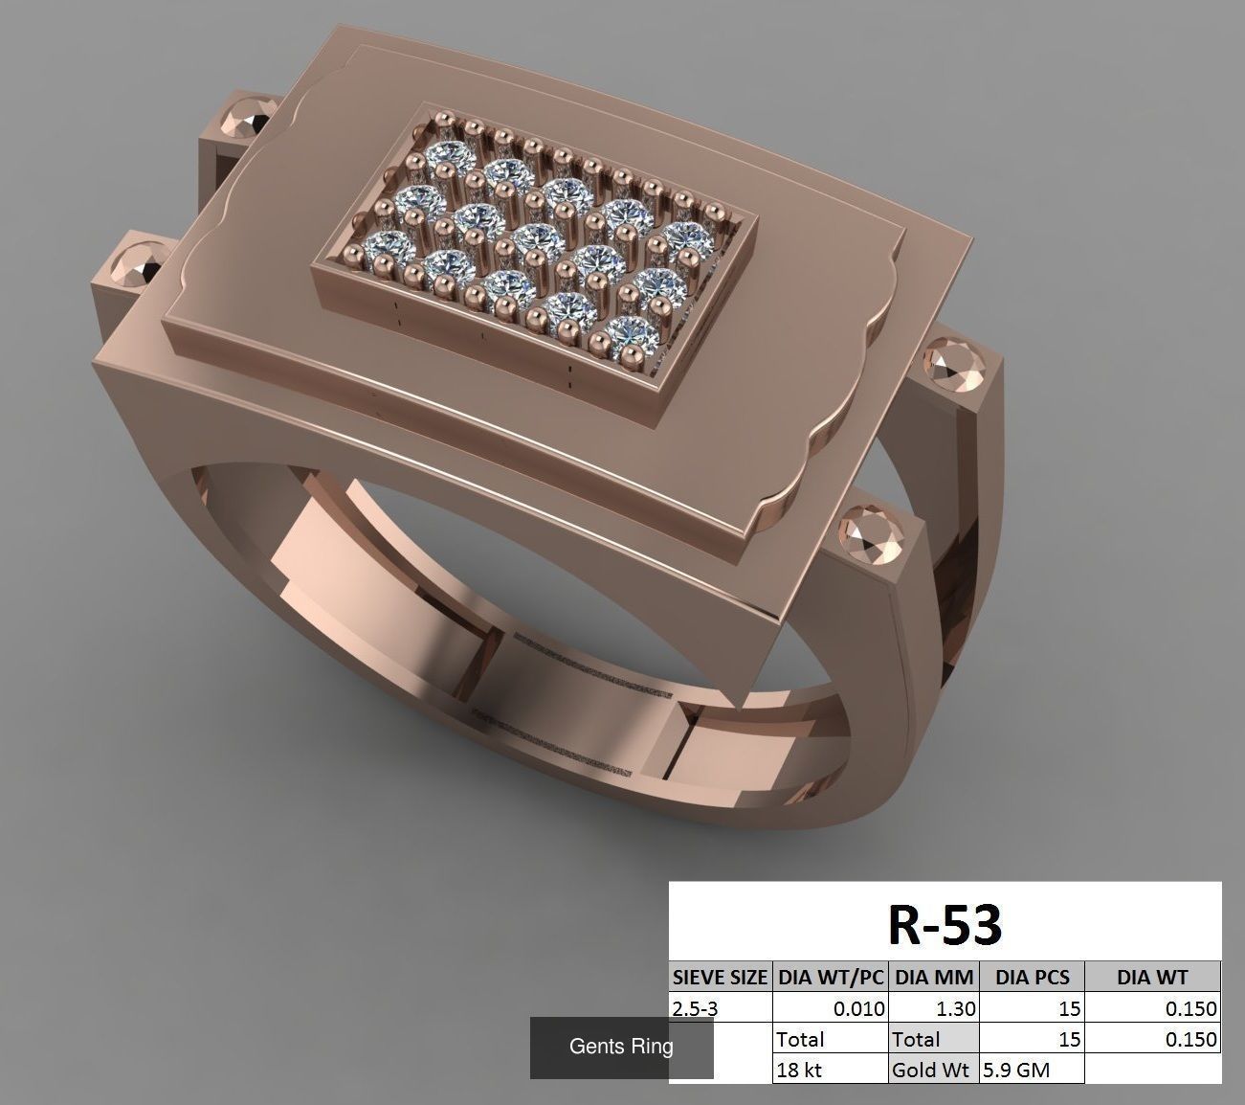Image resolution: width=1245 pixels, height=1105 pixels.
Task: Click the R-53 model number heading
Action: (x=945, y=924)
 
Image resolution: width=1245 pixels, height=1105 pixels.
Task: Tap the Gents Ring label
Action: (x=621, y=1047)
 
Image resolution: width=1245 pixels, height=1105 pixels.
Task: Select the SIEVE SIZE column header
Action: (x=720, y=978)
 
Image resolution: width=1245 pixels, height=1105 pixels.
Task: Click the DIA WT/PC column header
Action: (x=830, y=978)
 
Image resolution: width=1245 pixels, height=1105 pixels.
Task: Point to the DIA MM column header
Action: (x=933, y=978)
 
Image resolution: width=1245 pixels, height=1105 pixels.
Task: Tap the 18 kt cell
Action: (x=829, y=1070)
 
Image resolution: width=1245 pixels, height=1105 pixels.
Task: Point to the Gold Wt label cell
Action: (x=933, y=1070)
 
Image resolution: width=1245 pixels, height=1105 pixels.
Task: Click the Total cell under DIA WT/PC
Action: (x=829, y=1039)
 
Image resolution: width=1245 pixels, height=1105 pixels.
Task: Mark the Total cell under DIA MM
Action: (x=933, y=1039)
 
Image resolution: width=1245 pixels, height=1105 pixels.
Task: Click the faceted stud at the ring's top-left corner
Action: (x=247, y=119)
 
